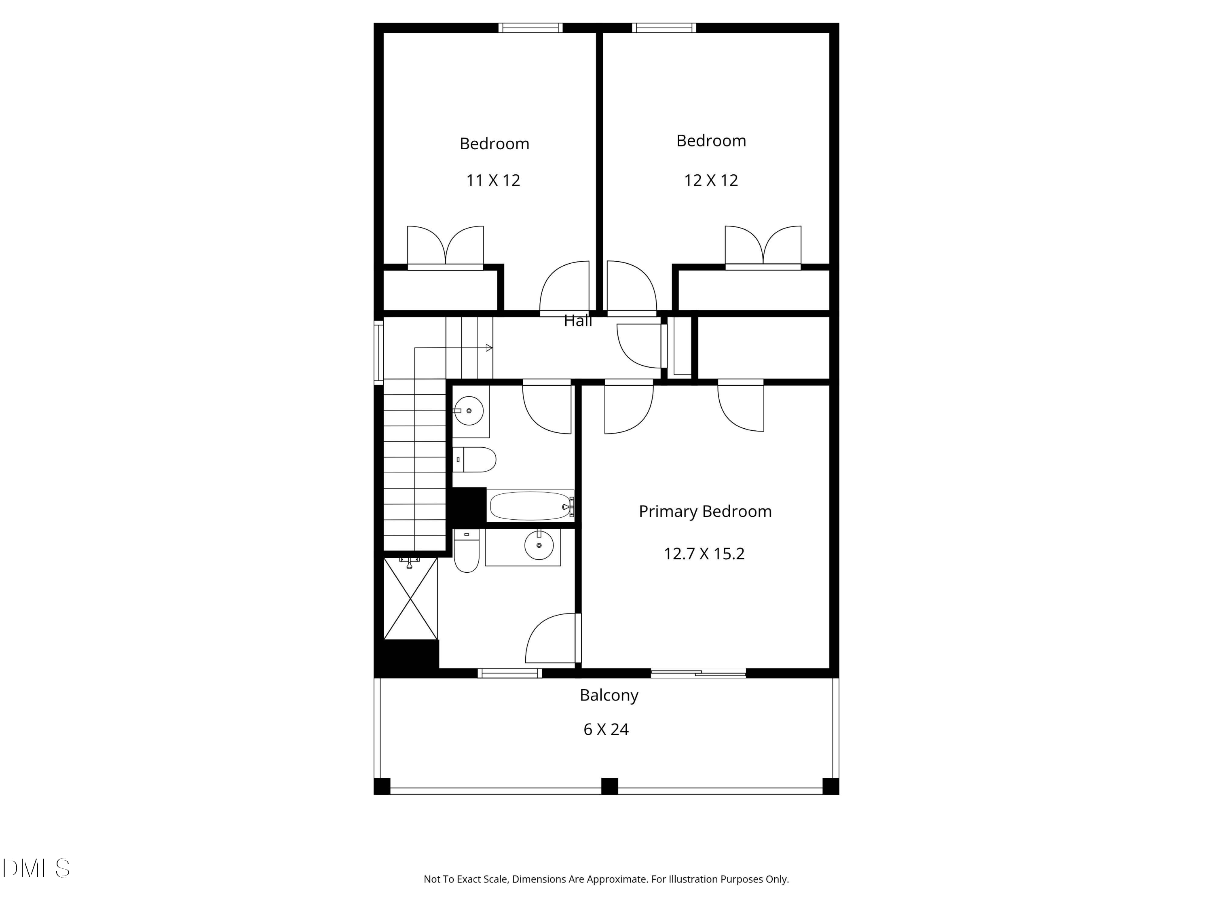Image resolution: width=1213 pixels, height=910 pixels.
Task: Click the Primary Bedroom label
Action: [705, 511]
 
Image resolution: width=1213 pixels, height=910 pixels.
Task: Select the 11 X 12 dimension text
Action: [493, 180]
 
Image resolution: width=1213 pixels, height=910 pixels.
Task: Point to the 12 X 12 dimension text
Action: [711, 180]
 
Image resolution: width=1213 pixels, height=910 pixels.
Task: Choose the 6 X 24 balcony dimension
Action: [606, 730]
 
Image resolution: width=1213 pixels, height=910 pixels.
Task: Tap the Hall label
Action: [578, 321]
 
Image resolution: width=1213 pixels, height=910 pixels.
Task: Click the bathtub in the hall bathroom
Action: [530, 506]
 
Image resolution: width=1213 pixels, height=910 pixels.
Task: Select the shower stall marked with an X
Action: [410, 599]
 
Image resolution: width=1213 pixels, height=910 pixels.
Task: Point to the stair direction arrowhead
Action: [489, 348]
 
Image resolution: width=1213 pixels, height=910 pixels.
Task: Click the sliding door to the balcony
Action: [698, 673]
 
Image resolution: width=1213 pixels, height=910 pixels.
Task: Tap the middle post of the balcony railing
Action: [609, 785]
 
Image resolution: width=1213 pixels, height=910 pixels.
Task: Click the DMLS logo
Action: [36, 868]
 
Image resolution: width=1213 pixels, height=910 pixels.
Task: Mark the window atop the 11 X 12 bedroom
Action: [530, 28]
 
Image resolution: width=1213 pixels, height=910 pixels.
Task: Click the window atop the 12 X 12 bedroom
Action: [664, 28]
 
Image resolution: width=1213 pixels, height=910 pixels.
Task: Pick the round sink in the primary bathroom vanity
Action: [539, 545]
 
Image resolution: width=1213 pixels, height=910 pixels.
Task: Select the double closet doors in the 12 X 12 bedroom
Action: [763, 247]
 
